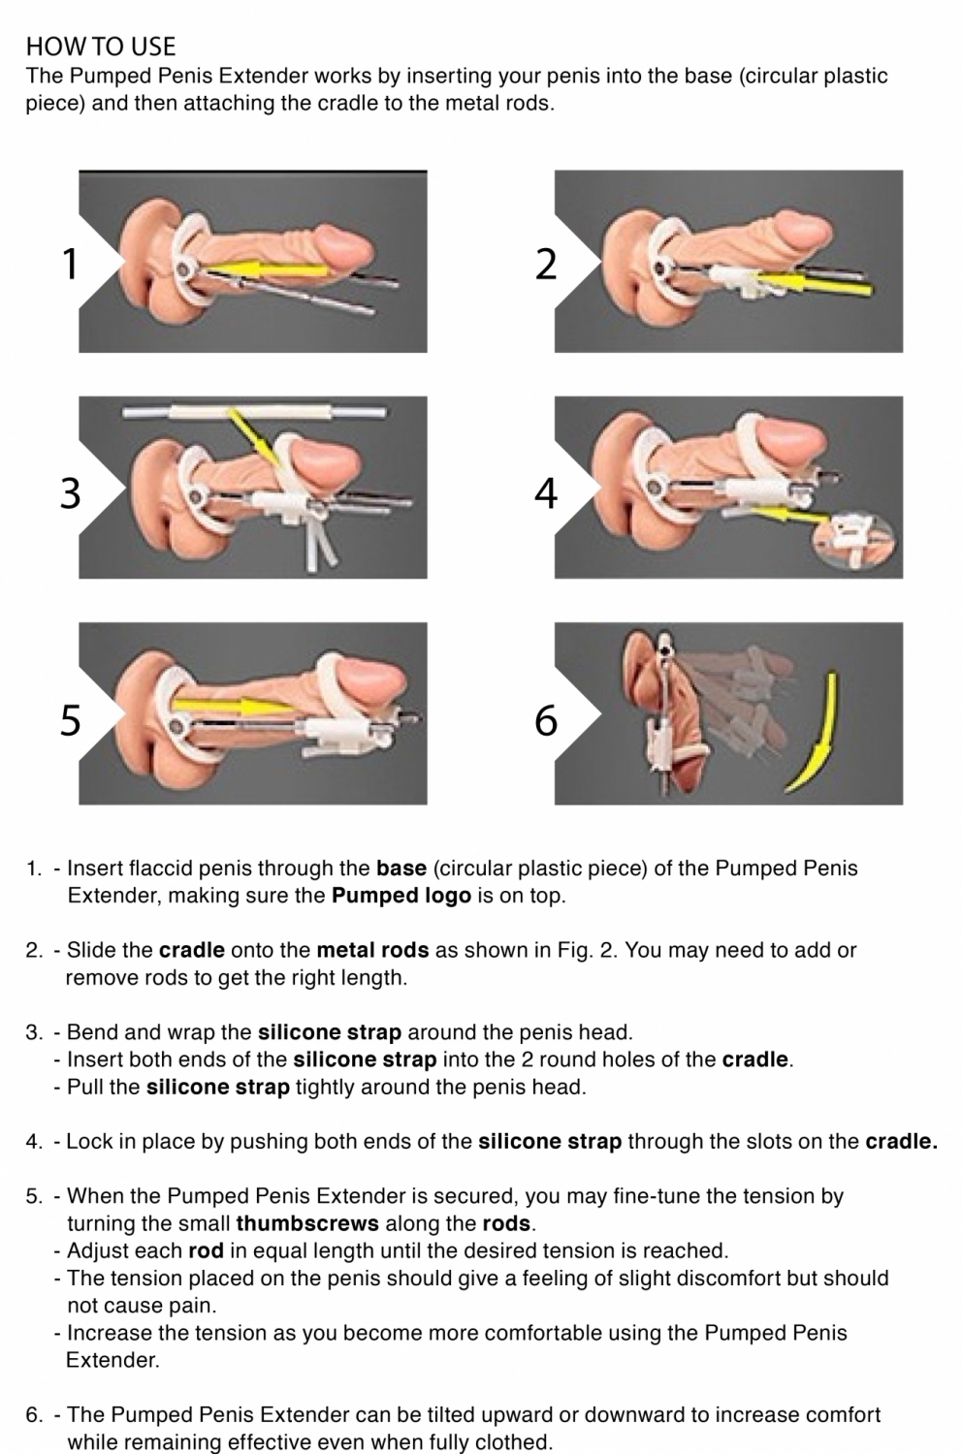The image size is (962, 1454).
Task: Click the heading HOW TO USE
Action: (101, 47)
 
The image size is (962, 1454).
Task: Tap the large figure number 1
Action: (70, 264)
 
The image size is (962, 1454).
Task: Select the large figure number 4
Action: (546, 492)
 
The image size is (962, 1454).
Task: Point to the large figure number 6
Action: (546, 720)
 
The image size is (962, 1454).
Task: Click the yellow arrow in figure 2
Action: (812, 282)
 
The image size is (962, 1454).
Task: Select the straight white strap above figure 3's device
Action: (254, 413)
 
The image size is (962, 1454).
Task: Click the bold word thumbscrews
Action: (307, 1223)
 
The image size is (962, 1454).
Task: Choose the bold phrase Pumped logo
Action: (401, 896)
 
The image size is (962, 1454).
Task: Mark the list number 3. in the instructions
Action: (34, 1032)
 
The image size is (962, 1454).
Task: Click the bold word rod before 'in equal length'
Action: (206, 1250)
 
